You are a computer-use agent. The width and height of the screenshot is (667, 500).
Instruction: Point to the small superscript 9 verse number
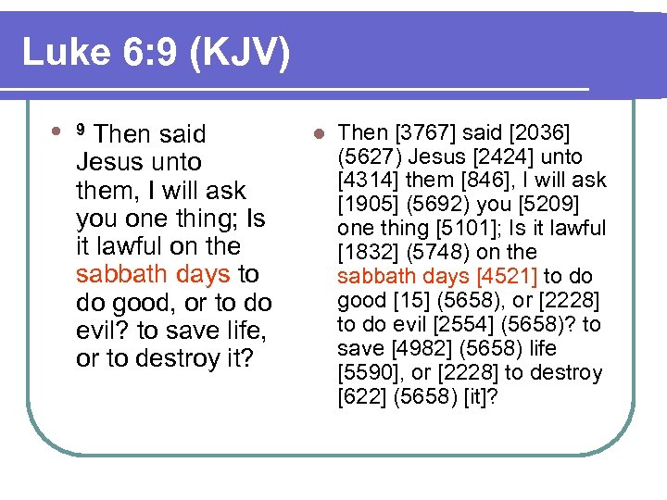pos(81,129)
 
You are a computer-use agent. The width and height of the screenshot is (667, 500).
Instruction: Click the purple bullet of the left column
pos(58,131)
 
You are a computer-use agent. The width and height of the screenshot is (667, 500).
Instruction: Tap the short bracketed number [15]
pos(410,301)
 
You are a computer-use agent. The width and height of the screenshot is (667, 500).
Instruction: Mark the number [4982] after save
pos(413,349)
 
